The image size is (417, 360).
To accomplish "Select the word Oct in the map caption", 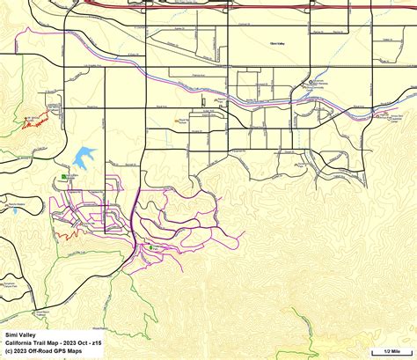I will coord(84,342).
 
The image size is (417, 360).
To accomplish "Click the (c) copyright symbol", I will coord(9,349).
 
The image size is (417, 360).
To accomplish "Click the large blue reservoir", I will coord(84,157).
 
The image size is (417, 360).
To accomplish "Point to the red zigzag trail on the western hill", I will coord(35,122).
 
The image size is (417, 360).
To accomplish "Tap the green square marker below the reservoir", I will coord(66,177).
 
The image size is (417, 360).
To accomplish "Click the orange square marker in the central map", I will coord(181,121).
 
